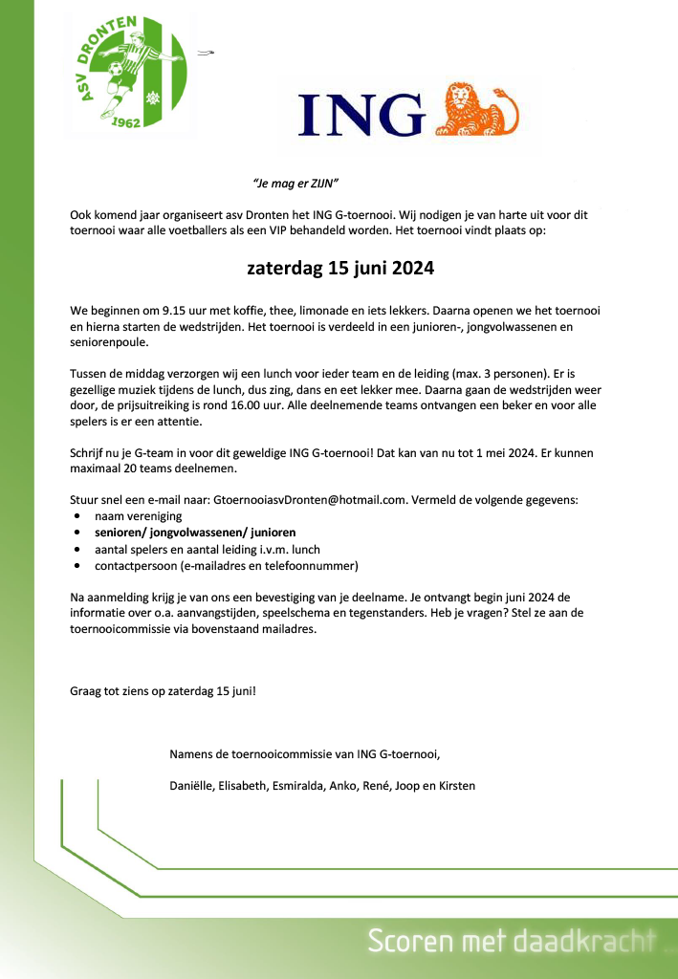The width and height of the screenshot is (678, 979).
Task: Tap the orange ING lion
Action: [478, 107]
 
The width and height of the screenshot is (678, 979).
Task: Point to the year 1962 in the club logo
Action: [127, 121]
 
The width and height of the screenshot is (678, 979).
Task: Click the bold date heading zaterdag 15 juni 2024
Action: [340, 269]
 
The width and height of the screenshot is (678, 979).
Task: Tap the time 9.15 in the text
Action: [177, 312]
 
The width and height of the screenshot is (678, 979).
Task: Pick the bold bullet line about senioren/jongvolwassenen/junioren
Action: [195, 533]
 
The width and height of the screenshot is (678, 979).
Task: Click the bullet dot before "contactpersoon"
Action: [77, 567]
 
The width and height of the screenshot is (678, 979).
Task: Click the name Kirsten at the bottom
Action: [454, 786]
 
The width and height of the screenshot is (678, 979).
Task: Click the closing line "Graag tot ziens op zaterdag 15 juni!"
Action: [163, 689]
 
